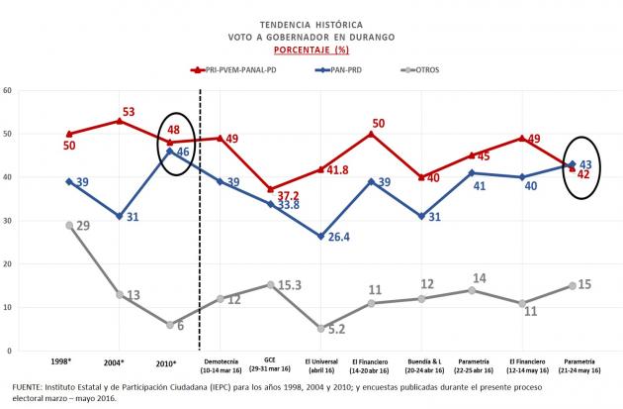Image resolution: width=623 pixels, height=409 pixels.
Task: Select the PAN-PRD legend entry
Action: pyautogui.click(x=362, y=69)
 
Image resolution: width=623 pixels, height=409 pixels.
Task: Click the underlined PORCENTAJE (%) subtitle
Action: pyautogui.click(x=311, y=49)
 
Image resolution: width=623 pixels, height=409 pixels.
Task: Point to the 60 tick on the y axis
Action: pyautogui.click(x=7, y=90)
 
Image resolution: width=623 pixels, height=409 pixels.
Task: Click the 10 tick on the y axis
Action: pyautogui.click(x=7, y=308)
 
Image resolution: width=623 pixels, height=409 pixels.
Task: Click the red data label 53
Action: pyautogui.click(x=129, y=111)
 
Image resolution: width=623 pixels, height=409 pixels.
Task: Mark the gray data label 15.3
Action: pyautogui.click(x=289, y=285)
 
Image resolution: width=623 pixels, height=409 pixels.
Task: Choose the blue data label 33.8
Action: pyautogui.click(x=288, y=206)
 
